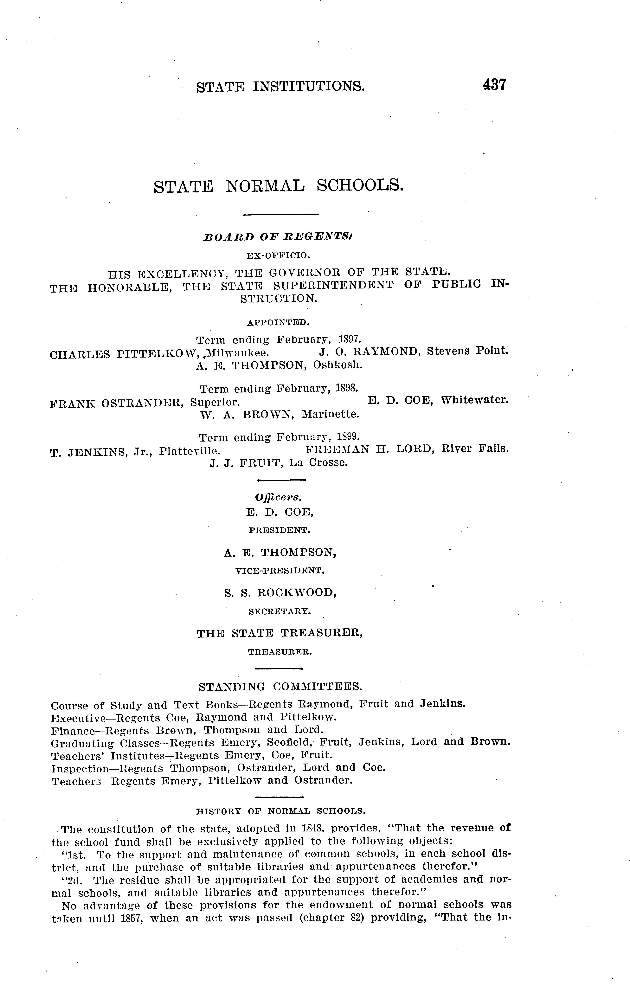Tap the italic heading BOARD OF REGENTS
pyautogui.click(x=278, y=237)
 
